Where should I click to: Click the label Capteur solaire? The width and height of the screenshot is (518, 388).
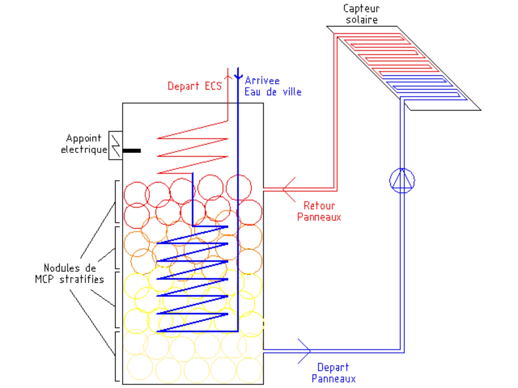coord(362,14)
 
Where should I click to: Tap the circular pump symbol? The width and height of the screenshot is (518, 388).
coord(402,180)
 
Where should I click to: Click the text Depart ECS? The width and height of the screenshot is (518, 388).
coord(194,86)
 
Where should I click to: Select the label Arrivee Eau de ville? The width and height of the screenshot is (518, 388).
coord(272,86)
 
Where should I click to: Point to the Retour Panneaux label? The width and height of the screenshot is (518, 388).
coord(319,211)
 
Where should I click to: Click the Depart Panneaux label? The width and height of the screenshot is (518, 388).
coord(333,373)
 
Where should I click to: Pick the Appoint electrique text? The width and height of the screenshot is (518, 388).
coord(84,144)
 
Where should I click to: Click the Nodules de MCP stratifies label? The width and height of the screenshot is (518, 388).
coord(69,273)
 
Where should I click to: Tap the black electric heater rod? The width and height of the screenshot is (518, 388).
coord(132,151)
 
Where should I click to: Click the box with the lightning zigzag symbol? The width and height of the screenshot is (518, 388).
coord(115,145)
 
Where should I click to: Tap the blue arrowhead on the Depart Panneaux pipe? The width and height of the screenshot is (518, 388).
coord(305,351)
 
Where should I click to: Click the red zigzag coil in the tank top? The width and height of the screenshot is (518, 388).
coord(193,147)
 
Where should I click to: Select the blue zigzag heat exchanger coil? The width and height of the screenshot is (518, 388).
coord(193,278)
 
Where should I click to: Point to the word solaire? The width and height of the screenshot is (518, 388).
coord(362,20)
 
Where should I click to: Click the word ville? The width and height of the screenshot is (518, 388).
coord(292,92)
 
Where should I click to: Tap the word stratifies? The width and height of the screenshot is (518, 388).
coord(82,279)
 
